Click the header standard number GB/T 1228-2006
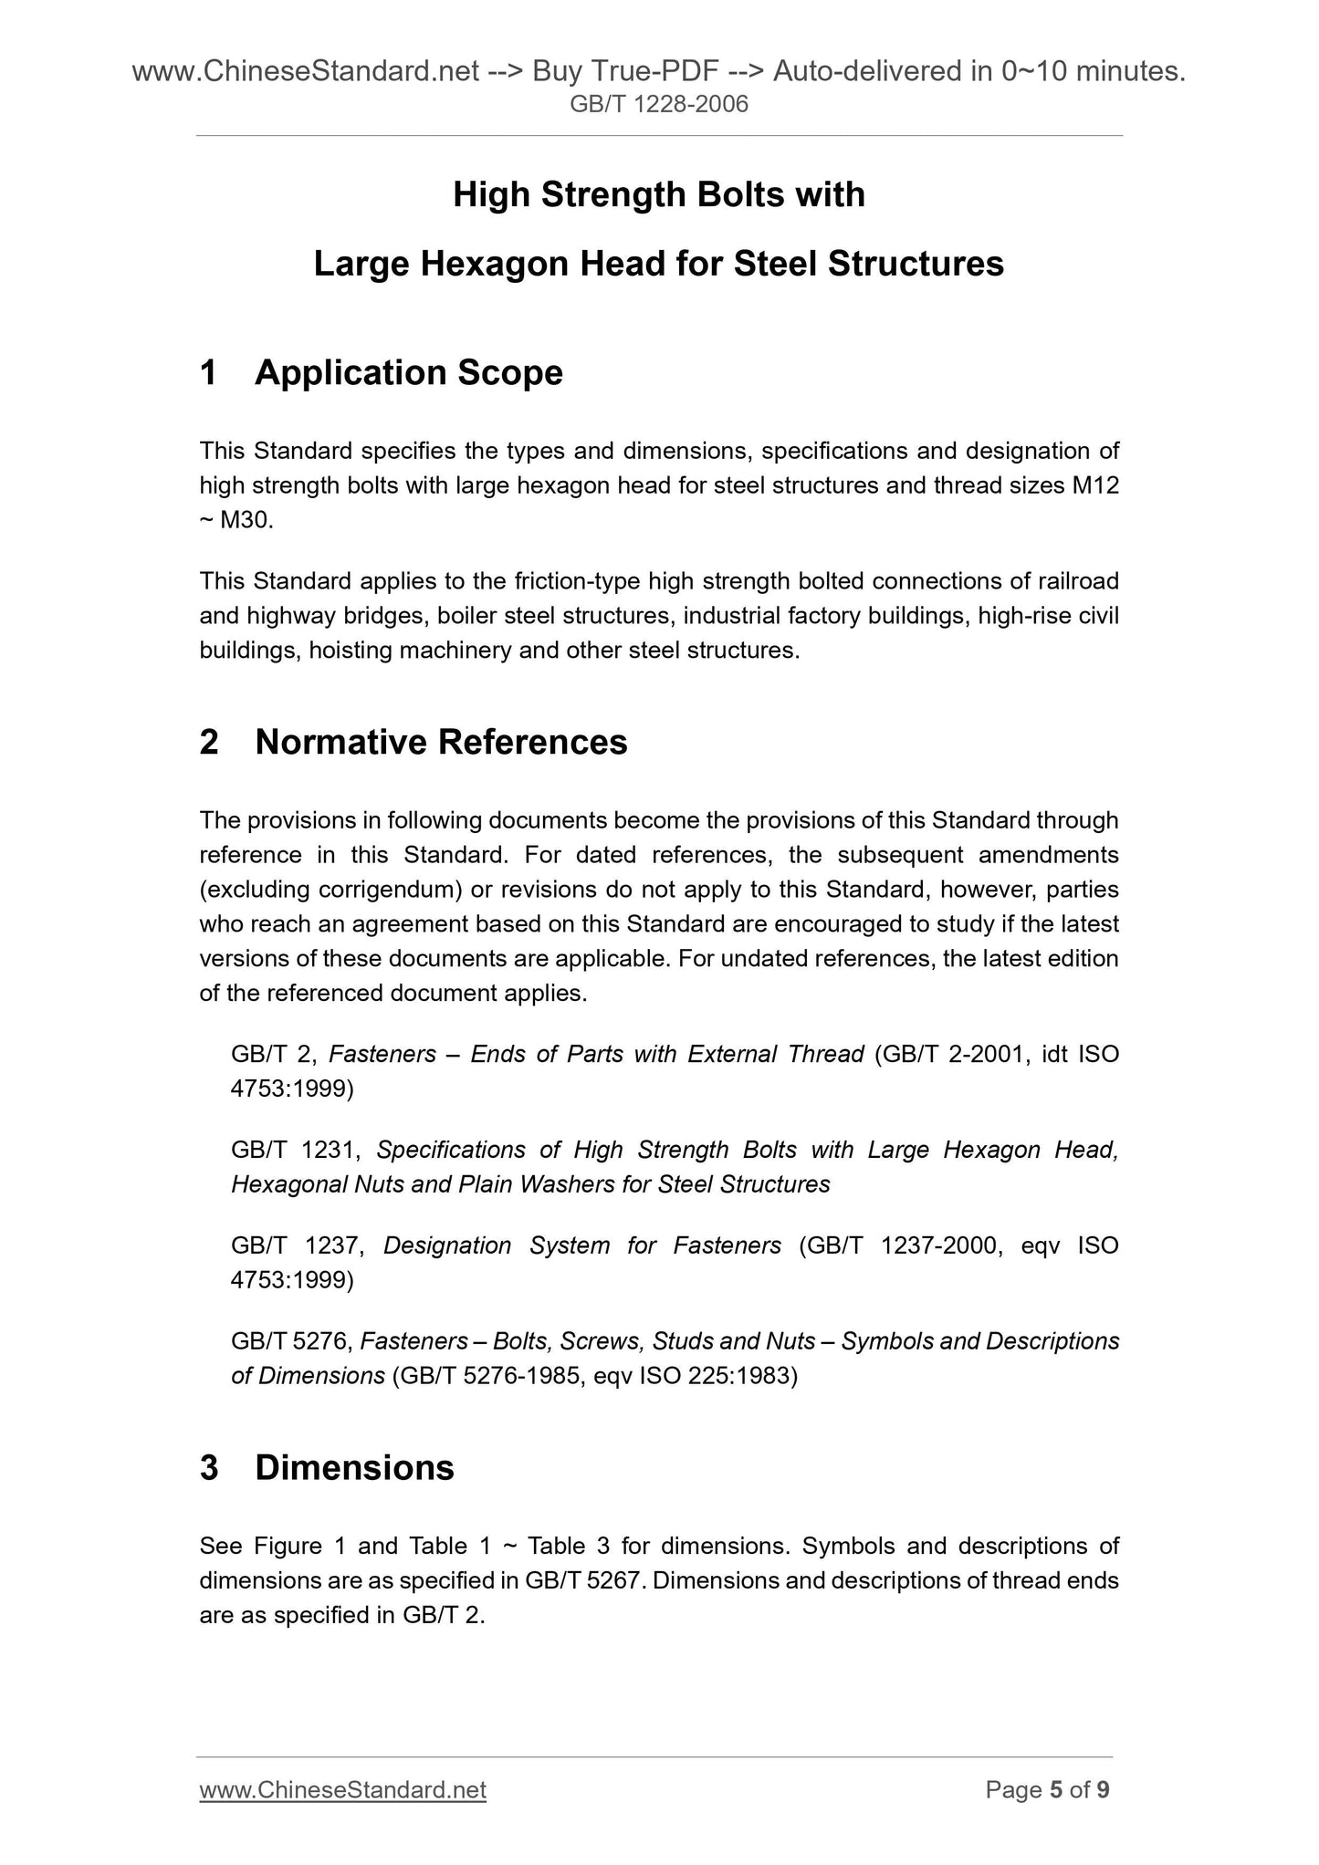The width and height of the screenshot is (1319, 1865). coord(658,105)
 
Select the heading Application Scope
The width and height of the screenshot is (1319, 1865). coord(408,373)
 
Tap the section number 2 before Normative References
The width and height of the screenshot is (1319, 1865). coord(209,743)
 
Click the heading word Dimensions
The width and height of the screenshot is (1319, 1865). coord(354,1468)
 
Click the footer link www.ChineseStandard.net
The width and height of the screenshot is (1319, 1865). coord(342,1790)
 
